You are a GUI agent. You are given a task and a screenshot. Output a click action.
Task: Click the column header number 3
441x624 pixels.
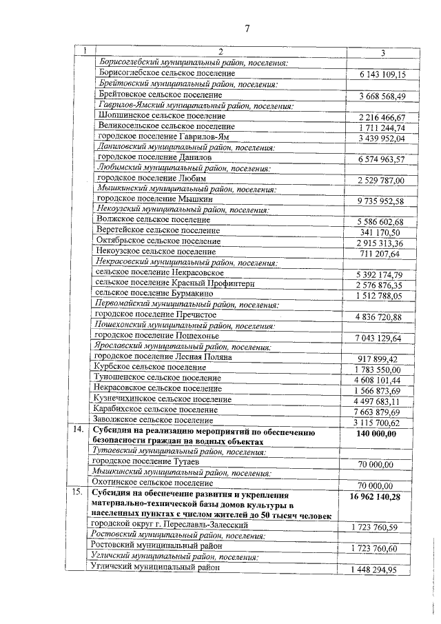pos(381,52)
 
